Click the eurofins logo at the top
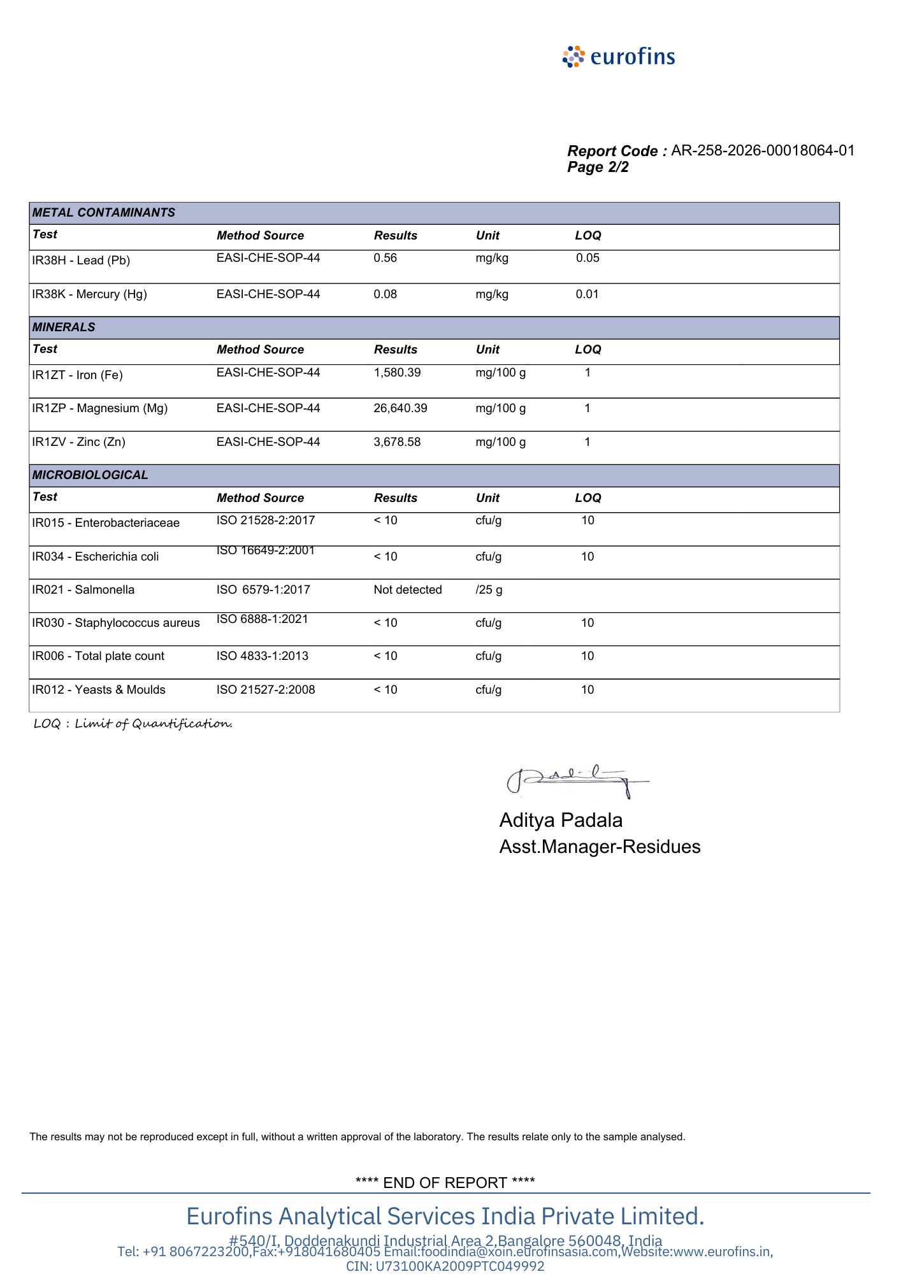(x=619, y=57)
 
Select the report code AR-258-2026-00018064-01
(x=763, y=151)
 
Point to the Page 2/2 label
(x=598, y=168)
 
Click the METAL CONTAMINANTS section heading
(x=104, y=213)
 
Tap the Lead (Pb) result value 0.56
(x=385, y=258)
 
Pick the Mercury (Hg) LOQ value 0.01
(x=587, y=294)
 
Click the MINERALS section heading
(x=64, y=327)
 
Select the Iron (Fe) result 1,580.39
(x=397, y=373)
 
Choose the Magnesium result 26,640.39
(x=400, y=408)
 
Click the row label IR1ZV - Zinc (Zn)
(x=78, y=442)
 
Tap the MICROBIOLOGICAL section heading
(x=90, y=475)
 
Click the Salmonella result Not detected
(x=408, y=590)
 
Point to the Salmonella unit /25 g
(x=489, y=590)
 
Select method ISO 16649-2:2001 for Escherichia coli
(x=266, y=550)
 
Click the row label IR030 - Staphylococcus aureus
(x=116, y=623)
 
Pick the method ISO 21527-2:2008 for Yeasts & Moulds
(x=266, y=690)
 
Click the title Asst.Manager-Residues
(x=600, y=847)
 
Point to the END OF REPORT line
(x=445, y=1183)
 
